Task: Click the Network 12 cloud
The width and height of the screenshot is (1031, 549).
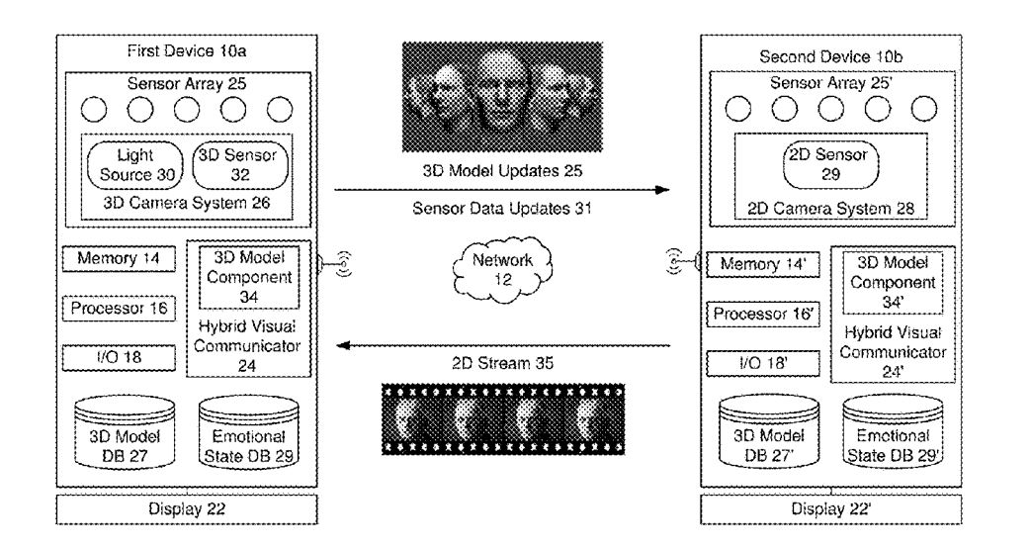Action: click(502, 270)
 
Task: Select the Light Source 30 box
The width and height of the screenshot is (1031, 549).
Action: click(135, 165)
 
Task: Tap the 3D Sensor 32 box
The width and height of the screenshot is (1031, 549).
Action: click(240, 165)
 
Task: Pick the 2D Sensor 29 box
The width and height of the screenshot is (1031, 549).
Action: click(830, 164)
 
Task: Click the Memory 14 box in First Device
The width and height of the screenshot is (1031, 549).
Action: click(119, 258)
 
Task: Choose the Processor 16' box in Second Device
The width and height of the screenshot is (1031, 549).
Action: click(763, 314)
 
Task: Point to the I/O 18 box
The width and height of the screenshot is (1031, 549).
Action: click(119, 357)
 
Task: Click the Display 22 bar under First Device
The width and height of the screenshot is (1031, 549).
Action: click(187, 508)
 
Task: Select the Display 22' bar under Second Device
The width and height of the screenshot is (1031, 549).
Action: click(831, 508)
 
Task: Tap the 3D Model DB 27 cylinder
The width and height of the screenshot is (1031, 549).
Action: click(125, 432)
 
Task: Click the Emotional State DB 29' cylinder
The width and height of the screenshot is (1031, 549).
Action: click(893, 432)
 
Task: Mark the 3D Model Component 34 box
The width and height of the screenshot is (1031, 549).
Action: click(249, 277)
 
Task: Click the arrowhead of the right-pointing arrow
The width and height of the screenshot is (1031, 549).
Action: click(662, 190)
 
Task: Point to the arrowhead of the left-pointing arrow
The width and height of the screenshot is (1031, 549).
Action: click(343, 345)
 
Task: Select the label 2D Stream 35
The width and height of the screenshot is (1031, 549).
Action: click(502, 363)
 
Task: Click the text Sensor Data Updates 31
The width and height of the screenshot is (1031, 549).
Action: click(502, 209)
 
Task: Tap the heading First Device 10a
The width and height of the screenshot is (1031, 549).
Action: click(187, 51)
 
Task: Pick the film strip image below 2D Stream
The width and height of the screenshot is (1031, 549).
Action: click(503, 420)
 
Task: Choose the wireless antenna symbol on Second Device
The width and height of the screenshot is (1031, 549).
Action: click(678, 262)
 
